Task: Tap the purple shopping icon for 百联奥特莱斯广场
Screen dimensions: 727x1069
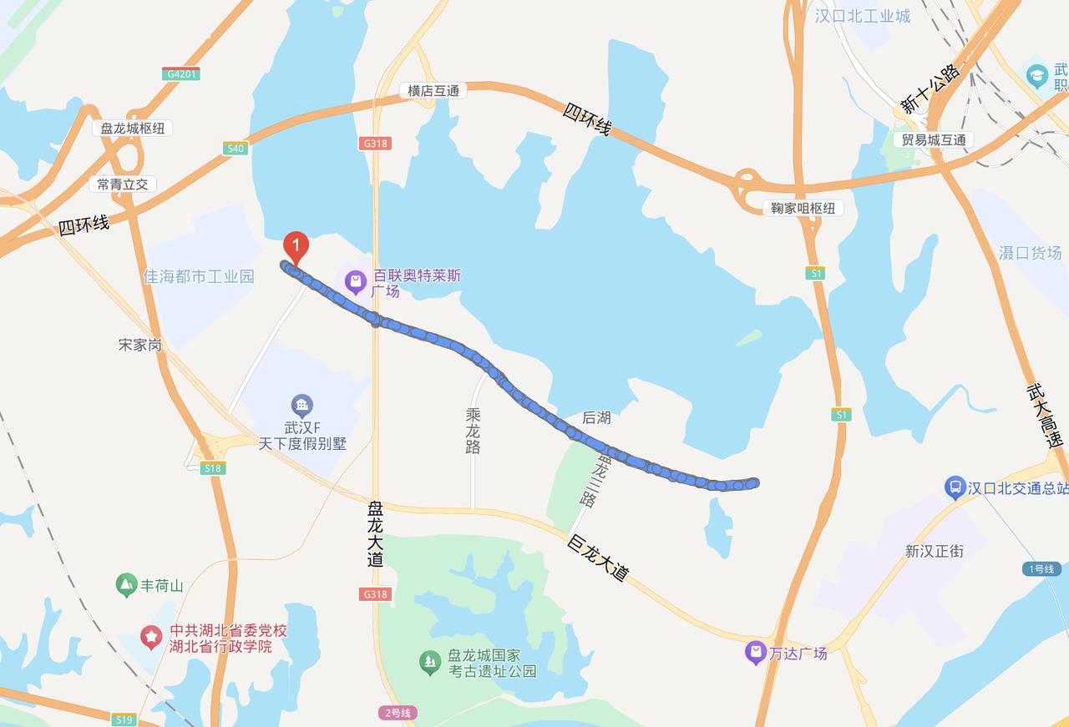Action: point(356,282)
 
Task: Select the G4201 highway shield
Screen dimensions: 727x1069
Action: point(182,73)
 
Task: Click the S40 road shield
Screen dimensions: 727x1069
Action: point(236,149)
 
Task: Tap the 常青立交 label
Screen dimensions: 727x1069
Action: point(122,184)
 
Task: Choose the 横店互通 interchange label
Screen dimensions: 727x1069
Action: point(433,90)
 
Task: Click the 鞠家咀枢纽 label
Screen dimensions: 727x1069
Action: point(803,208)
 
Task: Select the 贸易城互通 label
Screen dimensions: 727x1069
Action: point(934,139)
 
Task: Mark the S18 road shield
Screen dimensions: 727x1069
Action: point(213,468)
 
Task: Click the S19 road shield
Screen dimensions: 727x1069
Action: point(124,719)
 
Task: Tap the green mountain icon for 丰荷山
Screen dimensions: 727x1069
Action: point(126,585)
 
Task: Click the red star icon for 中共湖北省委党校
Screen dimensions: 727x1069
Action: point(151,638)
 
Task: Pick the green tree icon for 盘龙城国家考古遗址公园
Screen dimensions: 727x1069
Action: point(430,663)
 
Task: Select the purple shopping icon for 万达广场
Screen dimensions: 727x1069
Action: point(756,652)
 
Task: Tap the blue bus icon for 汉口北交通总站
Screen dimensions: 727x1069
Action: point(955,487)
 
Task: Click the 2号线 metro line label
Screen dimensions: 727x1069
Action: point(397,713)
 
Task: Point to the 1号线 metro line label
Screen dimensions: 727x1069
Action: point(1041,568)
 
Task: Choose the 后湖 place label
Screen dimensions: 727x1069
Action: point(596,417)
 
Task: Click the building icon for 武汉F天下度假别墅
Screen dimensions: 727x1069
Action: point(302,406)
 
